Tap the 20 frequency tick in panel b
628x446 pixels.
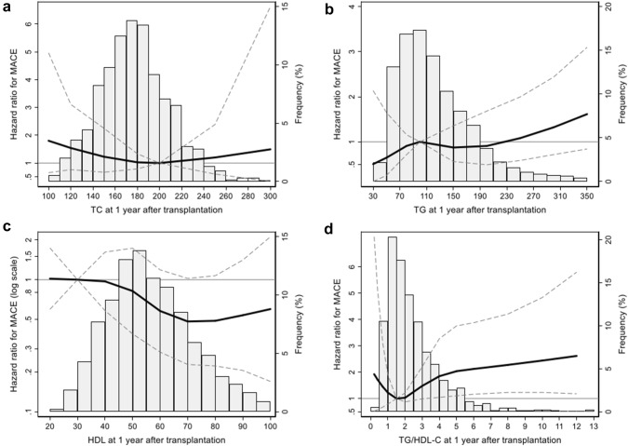(607, 7)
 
